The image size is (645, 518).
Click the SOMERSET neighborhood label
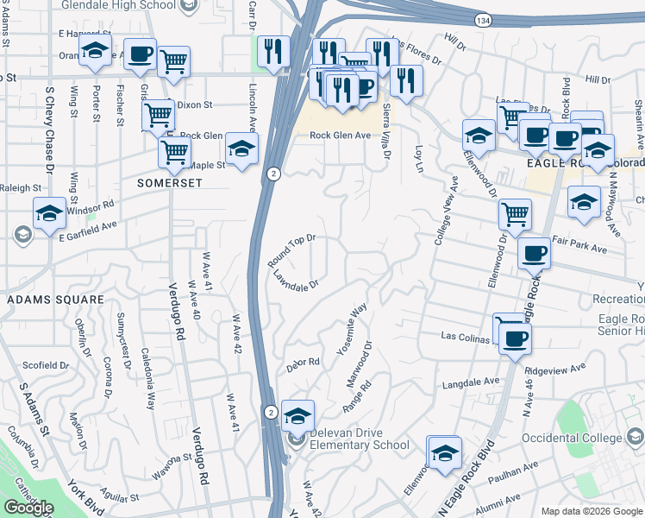(x=170, y=184)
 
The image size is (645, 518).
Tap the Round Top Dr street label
(x=291, y=250)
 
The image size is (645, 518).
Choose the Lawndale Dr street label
(x=297, y=281)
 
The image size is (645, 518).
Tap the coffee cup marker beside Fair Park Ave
(x=534, y=253)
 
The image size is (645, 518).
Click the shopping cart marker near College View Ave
(x=515, y=212)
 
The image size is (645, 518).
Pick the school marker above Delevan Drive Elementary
(x=297, y=415)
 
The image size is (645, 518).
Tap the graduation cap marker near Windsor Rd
(x=49, y=212)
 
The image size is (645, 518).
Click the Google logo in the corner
(x=28, y=508)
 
